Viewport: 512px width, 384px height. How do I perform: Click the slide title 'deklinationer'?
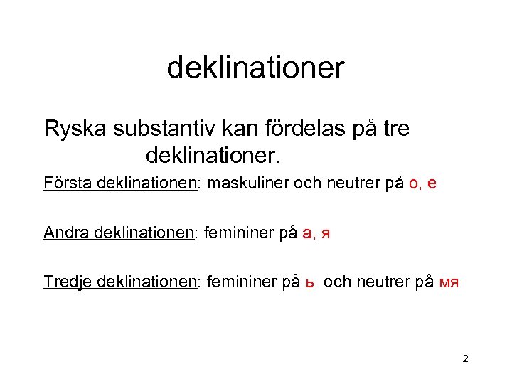[x=255, y=68]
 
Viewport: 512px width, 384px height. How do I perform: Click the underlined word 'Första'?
[x=63, y=183]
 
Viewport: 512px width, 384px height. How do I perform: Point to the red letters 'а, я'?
[x=316, y=233]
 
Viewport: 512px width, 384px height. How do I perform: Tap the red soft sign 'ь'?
[x=309, y=283]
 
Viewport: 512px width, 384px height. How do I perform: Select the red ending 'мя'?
[x=449, y=283]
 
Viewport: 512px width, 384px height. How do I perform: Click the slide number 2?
[x=465, y=360]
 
